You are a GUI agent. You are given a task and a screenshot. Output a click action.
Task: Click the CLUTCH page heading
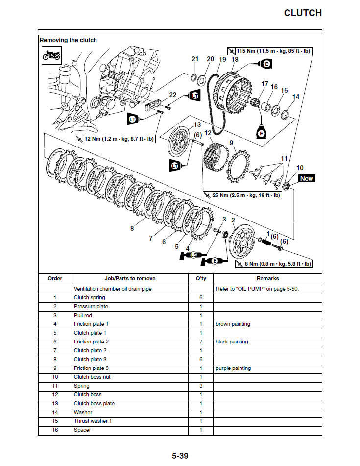303,13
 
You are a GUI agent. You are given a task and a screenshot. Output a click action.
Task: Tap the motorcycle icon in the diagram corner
51,56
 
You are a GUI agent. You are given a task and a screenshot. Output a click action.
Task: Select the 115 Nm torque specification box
269,51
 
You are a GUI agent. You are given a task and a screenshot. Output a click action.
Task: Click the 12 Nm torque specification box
115,139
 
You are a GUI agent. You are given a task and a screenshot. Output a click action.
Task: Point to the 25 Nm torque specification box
242,195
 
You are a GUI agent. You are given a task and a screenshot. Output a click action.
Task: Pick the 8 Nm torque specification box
278,264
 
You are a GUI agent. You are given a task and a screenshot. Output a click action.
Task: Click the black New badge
306,178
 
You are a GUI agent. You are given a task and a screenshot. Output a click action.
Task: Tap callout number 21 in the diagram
195,59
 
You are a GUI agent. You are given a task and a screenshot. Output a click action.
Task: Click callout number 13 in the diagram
197,125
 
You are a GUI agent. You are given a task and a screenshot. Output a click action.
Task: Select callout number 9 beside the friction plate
232,143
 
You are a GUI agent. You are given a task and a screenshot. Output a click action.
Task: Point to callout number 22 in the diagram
173,95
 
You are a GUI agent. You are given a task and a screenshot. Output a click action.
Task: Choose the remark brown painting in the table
233,324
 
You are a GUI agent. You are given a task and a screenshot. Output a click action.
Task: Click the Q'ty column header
201,278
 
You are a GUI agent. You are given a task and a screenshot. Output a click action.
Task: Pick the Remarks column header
267,278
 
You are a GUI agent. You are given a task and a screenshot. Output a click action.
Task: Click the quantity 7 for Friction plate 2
201,342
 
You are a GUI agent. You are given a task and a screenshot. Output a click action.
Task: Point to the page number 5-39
180,456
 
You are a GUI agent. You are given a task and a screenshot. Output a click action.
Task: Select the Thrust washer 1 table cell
93,421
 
